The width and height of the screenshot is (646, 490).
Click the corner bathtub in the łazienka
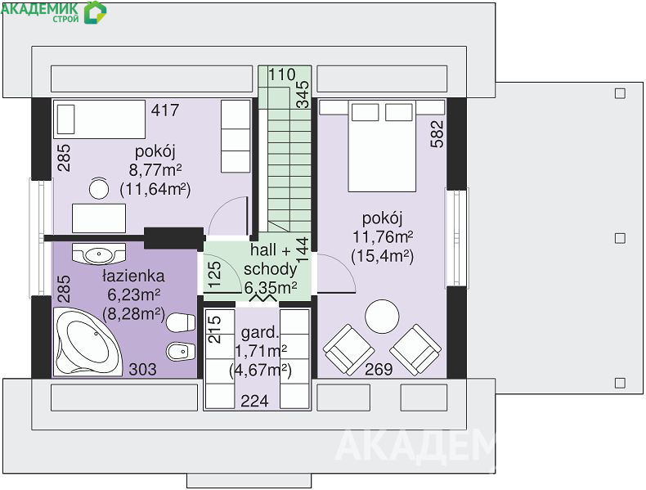87,342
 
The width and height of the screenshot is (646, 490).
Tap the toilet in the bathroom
181,322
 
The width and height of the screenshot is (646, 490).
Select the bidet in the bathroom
181,352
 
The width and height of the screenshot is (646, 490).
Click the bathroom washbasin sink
98,254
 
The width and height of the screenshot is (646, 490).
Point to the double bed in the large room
382,146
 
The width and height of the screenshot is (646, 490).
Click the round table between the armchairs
382,317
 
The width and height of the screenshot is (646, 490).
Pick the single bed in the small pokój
99,119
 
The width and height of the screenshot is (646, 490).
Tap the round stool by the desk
99,189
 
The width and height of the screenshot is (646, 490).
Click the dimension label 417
165,110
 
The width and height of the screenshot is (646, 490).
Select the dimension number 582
437,134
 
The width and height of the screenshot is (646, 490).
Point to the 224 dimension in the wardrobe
254,401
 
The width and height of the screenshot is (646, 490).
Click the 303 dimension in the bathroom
142,369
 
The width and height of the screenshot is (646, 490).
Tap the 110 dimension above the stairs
282,74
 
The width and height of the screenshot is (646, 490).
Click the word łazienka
133,276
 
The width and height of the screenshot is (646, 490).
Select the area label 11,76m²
383,237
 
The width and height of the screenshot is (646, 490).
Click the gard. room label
260,332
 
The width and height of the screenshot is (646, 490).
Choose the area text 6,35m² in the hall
271,287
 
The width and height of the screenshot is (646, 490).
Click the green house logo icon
95,12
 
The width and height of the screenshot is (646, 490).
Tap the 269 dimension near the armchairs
379,369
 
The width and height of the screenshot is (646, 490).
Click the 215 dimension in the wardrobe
214,330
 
